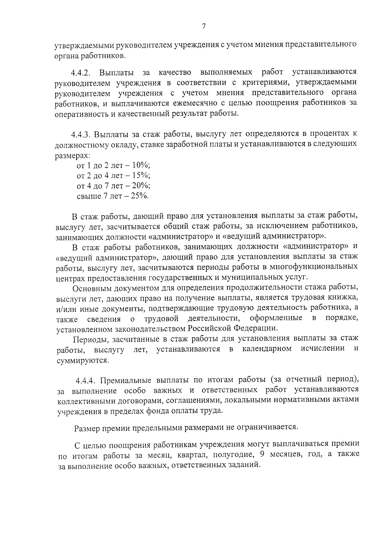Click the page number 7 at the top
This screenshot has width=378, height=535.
203,27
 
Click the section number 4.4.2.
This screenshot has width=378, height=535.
81,73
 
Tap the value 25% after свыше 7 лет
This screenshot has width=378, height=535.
139,196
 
